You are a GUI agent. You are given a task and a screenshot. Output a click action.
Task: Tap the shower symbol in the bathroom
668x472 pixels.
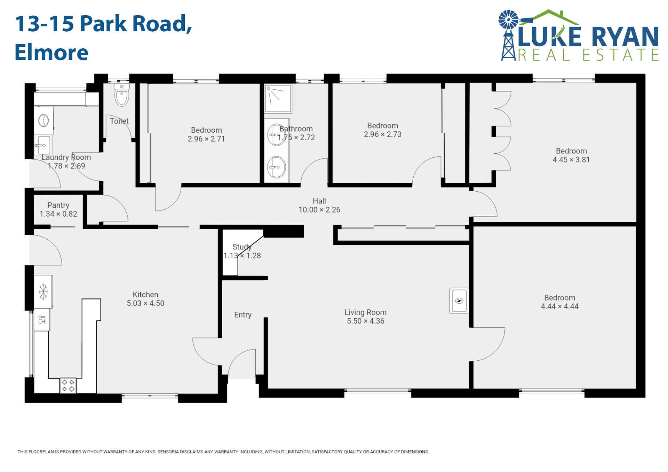pos(278,98)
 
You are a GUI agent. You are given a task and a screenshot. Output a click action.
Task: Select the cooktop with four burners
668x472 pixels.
pos(68,385)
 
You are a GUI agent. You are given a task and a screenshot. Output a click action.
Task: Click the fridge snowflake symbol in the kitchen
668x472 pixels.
pos(43,291)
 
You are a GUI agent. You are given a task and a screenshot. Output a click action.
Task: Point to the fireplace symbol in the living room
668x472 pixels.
pos(459,301)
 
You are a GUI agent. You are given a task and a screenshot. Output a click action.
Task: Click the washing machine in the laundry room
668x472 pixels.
pos(43,121)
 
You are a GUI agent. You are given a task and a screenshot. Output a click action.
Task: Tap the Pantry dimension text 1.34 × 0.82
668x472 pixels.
pos(58,214)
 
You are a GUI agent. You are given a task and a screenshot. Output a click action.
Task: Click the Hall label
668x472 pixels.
pos(319,201)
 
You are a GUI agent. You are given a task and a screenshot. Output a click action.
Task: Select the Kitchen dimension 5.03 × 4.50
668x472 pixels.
pos(145,303)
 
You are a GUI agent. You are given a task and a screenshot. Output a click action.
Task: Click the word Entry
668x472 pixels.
pos(243,315)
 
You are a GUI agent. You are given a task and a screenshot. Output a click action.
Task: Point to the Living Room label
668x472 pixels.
pos(365,312)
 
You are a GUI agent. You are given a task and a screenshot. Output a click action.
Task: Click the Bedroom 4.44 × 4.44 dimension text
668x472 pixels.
pos(559,306)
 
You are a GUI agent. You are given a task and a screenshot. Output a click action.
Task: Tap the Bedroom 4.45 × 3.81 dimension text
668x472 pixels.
pos(571,160)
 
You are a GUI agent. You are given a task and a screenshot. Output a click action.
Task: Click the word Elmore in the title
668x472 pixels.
pos(51,52)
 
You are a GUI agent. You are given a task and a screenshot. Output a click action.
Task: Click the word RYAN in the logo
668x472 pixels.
pos(625,37)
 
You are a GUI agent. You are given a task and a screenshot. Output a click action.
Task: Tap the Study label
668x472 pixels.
pos(242,247)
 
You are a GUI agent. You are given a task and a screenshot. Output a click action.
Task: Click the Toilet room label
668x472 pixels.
pos(119,121)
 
